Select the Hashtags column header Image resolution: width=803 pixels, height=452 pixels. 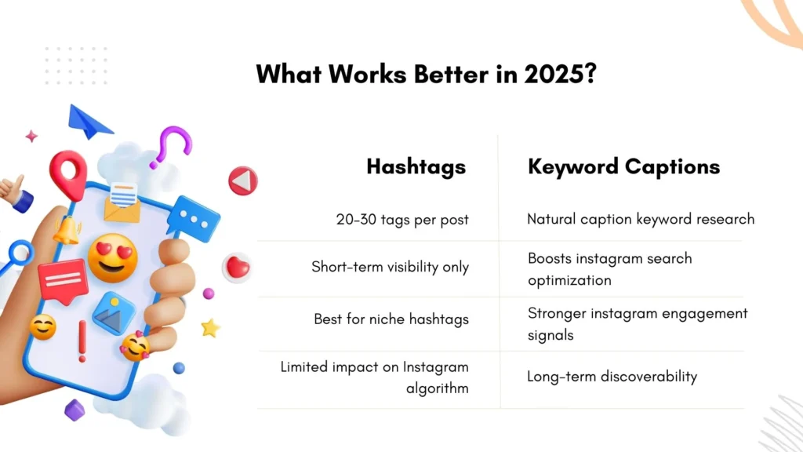pos(416,166)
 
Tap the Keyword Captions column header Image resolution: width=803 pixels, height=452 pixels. pos(623,166)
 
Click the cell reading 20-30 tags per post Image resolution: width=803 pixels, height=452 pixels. pos(402,220)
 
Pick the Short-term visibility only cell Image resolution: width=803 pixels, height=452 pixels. pos(390,267)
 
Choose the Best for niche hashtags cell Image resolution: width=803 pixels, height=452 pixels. pos(391,319)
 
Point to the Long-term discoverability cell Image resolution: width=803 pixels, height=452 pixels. pos(612,377)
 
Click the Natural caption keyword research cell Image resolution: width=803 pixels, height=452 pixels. pos(641,219)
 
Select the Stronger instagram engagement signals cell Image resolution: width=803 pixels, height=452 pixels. pos(637,324)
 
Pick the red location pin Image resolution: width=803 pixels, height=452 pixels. pos(68,173)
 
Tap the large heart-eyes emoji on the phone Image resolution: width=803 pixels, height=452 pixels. pos(112,258)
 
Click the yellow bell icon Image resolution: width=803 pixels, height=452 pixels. pos(67,229)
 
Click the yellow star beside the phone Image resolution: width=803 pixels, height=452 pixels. pos(210,328)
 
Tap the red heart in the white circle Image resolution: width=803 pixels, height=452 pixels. pos(237,268)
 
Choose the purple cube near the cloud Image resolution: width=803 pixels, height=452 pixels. pos(74,410)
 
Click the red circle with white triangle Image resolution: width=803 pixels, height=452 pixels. pos(243,181)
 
